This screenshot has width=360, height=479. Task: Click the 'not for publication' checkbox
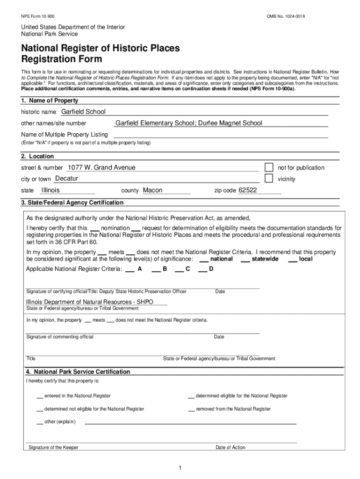pos(269,167)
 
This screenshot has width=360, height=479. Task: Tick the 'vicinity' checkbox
pos(269,178)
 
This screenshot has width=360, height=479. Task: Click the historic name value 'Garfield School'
pos(84,112)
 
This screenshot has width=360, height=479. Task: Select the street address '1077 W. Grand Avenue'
pos(101,167)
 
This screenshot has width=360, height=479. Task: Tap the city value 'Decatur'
pos(66,179)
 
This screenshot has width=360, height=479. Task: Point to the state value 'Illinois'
pos(50,190)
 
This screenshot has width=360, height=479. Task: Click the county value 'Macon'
pos(152,190)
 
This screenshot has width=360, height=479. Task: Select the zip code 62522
pos(248,190)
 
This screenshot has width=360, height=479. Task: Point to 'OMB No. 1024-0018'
pos(286,17)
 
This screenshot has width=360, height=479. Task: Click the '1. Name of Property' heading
pos(50,101)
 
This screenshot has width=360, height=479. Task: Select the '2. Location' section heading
pos(37,156)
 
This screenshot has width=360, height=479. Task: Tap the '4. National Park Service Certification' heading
pos(78,372)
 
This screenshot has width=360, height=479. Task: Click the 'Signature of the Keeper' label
pos(53,448)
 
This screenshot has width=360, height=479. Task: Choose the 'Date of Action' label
pos(230,448)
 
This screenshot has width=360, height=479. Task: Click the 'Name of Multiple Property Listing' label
pos(64,135)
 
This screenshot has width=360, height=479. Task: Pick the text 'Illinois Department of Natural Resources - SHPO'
pos(89,302)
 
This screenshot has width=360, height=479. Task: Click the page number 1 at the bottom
pos(180,468)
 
